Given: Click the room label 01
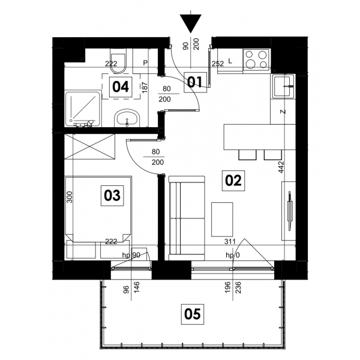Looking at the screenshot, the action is point(195,82).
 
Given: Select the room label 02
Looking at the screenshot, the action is point(233,181).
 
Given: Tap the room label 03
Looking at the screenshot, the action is point(112,196).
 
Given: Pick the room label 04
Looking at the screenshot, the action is point(121,87).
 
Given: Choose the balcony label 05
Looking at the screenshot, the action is point(193,314).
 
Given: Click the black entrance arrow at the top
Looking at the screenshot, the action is point(191,23).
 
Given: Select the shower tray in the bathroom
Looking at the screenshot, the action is point(83,109).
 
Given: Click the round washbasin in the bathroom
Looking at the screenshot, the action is point(127,118).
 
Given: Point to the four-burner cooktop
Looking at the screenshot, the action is point(256,59).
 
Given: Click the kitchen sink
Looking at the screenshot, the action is point(284,86).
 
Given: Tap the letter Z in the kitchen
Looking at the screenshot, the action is point(283,112).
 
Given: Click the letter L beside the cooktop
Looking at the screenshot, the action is point(230,61).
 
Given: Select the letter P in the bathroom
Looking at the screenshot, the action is point(145,62).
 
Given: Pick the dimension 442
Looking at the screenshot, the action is point(281,167).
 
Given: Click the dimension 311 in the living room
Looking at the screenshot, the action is point(230,241).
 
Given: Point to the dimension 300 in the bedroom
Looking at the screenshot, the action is point(70,197).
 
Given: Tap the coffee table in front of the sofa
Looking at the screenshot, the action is point(222,220).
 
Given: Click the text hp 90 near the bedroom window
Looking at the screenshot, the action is point(131,255).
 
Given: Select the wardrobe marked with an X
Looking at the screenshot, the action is point(90,146).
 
